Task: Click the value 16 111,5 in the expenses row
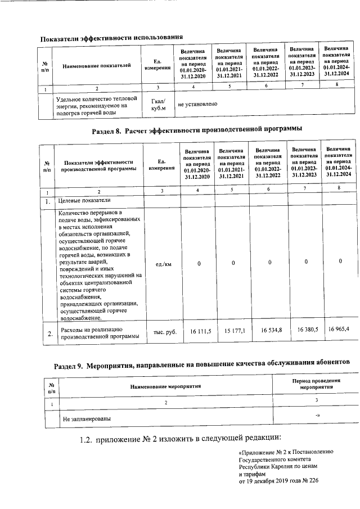coord(200,332)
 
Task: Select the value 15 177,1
coord(235,331)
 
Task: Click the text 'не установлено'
coord(197,105)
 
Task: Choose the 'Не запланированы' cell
coord(87,419)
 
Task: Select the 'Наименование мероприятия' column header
coord(165,387)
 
